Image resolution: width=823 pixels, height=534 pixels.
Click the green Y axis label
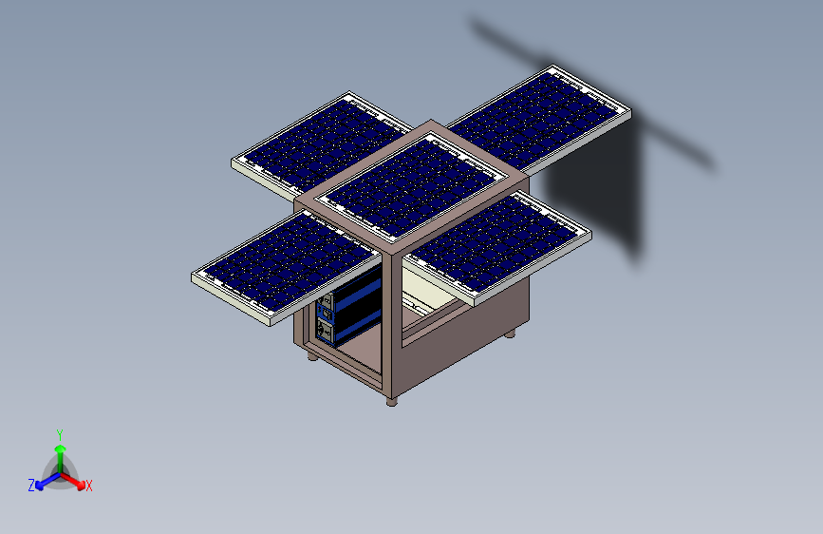click(x=60, y=435)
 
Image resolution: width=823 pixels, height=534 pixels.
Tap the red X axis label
click(x=88, y=486)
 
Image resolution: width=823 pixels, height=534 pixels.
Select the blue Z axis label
click(x=31, y=486)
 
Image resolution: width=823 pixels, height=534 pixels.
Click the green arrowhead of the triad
click(x=61, y=449)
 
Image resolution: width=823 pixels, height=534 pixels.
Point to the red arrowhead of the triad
click(x=81, y=485)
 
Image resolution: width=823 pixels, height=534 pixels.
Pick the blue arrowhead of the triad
click(x=40, y=486)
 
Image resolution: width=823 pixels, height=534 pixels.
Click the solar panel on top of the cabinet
click(x=410, y=186)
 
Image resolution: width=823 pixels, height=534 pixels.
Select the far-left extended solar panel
click(x=321, y=145)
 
